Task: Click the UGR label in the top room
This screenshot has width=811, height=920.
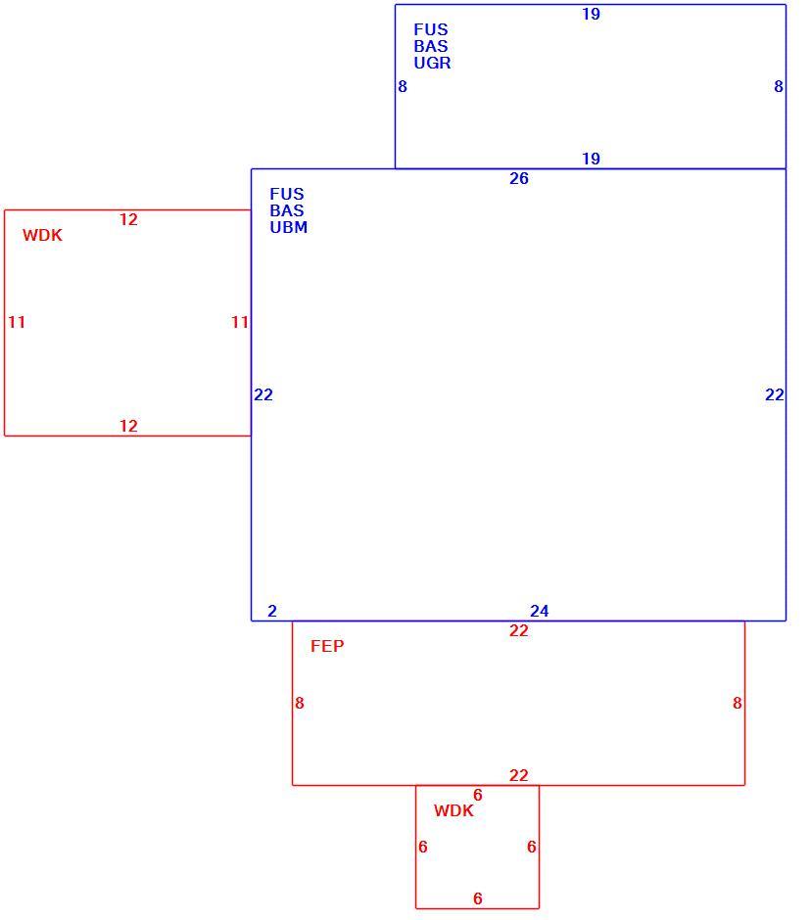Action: [432, 63]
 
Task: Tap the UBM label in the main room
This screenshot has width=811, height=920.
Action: [288, 227]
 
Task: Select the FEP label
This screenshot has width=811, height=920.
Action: [327, 646]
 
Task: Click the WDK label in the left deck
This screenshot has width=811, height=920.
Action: [42, 235]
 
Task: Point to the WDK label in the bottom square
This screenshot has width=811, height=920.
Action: [453, 810]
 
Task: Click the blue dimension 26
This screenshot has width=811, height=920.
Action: [518, 178]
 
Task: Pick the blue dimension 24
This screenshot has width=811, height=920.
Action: [539, 611]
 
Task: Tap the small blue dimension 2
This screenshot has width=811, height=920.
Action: [272, 611]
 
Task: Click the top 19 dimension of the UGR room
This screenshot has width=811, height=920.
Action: [591, 14]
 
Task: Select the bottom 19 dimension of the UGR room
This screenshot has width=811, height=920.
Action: [591, 159]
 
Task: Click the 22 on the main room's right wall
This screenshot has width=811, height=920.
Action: [775, 394]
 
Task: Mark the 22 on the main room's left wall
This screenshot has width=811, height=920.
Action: [263, 394]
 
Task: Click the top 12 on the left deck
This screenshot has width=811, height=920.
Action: [128, 219]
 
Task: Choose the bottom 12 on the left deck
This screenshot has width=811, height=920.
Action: [128, 426]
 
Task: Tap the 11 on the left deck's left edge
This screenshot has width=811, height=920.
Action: [17, 322]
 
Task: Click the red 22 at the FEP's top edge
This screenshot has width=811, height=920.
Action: [518, 630]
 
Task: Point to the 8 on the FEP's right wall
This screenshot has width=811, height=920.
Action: [737, 703]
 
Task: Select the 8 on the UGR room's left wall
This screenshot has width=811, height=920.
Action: [403, 87]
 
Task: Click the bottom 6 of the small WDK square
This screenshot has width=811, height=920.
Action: [477, 898]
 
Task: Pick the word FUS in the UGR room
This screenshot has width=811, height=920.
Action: [431, 30]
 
